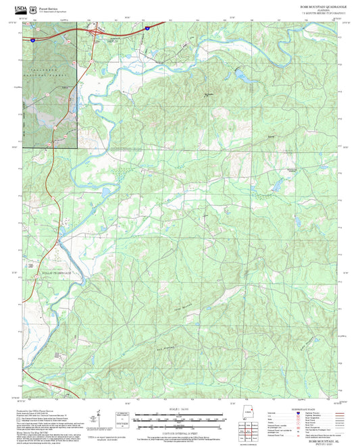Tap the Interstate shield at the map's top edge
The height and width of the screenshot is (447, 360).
click(147, 28)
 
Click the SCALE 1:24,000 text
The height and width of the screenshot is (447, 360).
click(180, 409)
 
